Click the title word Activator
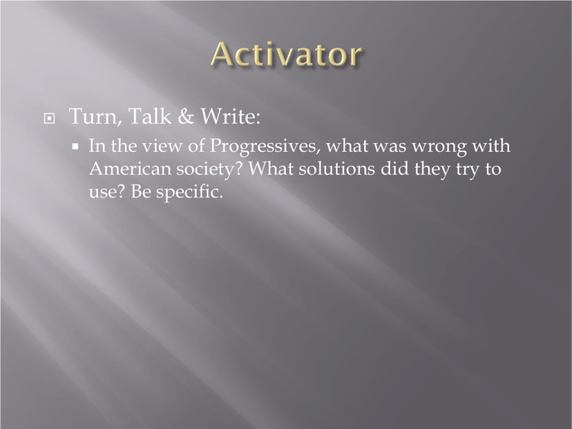point(286,54)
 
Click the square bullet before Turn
point(49,118)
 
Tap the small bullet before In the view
point(75,147)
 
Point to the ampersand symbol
point(186,116)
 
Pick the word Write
point(231,116)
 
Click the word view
point(162,146)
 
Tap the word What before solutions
point(270,169)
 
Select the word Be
point(141,191)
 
